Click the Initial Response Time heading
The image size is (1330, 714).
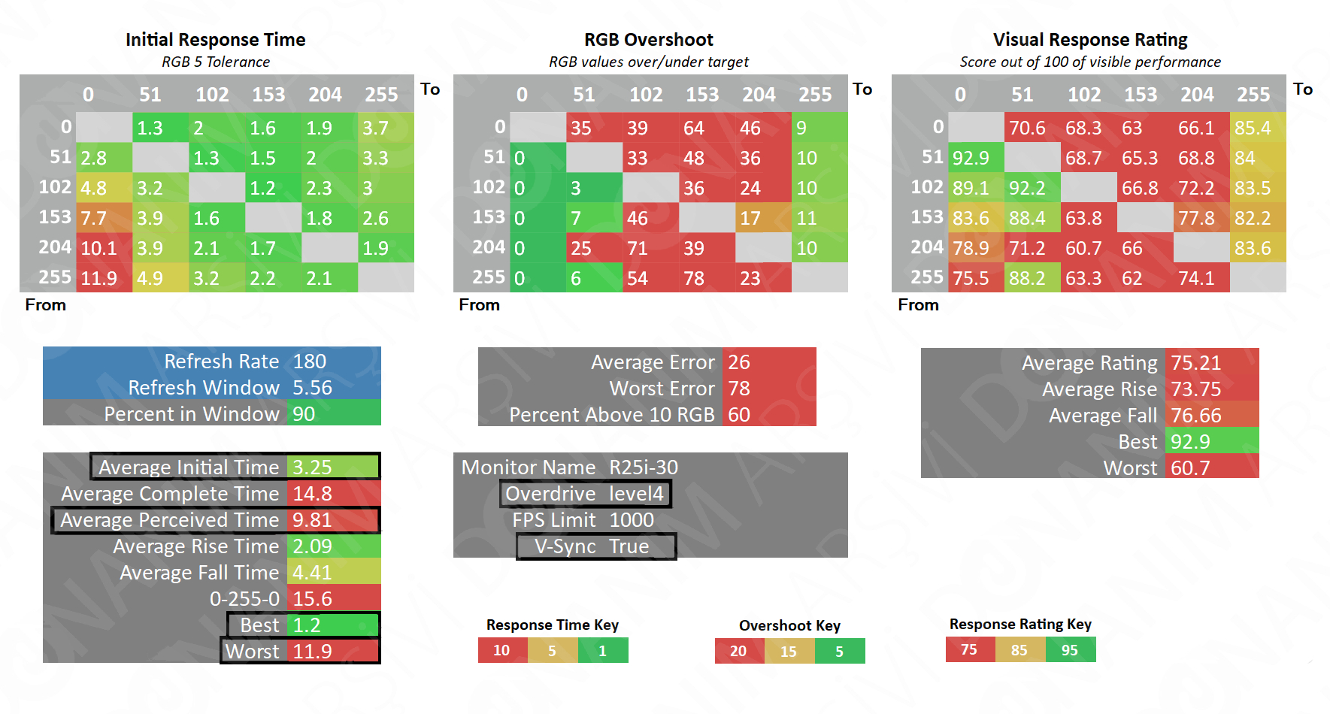coord(215,40)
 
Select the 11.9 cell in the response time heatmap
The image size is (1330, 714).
coord(104,278)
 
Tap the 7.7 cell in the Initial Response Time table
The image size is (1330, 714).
coord(104,218)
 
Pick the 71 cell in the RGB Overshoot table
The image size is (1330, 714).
coord(650,248)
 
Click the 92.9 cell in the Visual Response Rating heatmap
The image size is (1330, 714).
coord(975,158)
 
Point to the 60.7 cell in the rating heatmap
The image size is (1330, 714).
coord(1088,248)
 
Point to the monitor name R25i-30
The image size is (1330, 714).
coord(644,467)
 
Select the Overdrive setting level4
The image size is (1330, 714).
coord(636,494)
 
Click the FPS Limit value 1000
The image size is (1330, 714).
coord(632,520)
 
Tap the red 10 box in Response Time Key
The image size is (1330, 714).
coord(502,650)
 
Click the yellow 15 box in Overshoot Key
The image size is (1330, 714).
coord(789,651)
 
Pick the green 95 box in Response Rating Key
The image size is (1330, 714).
coord(1070,649)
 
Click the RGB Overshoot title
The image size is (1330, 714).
coord(649,40)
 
